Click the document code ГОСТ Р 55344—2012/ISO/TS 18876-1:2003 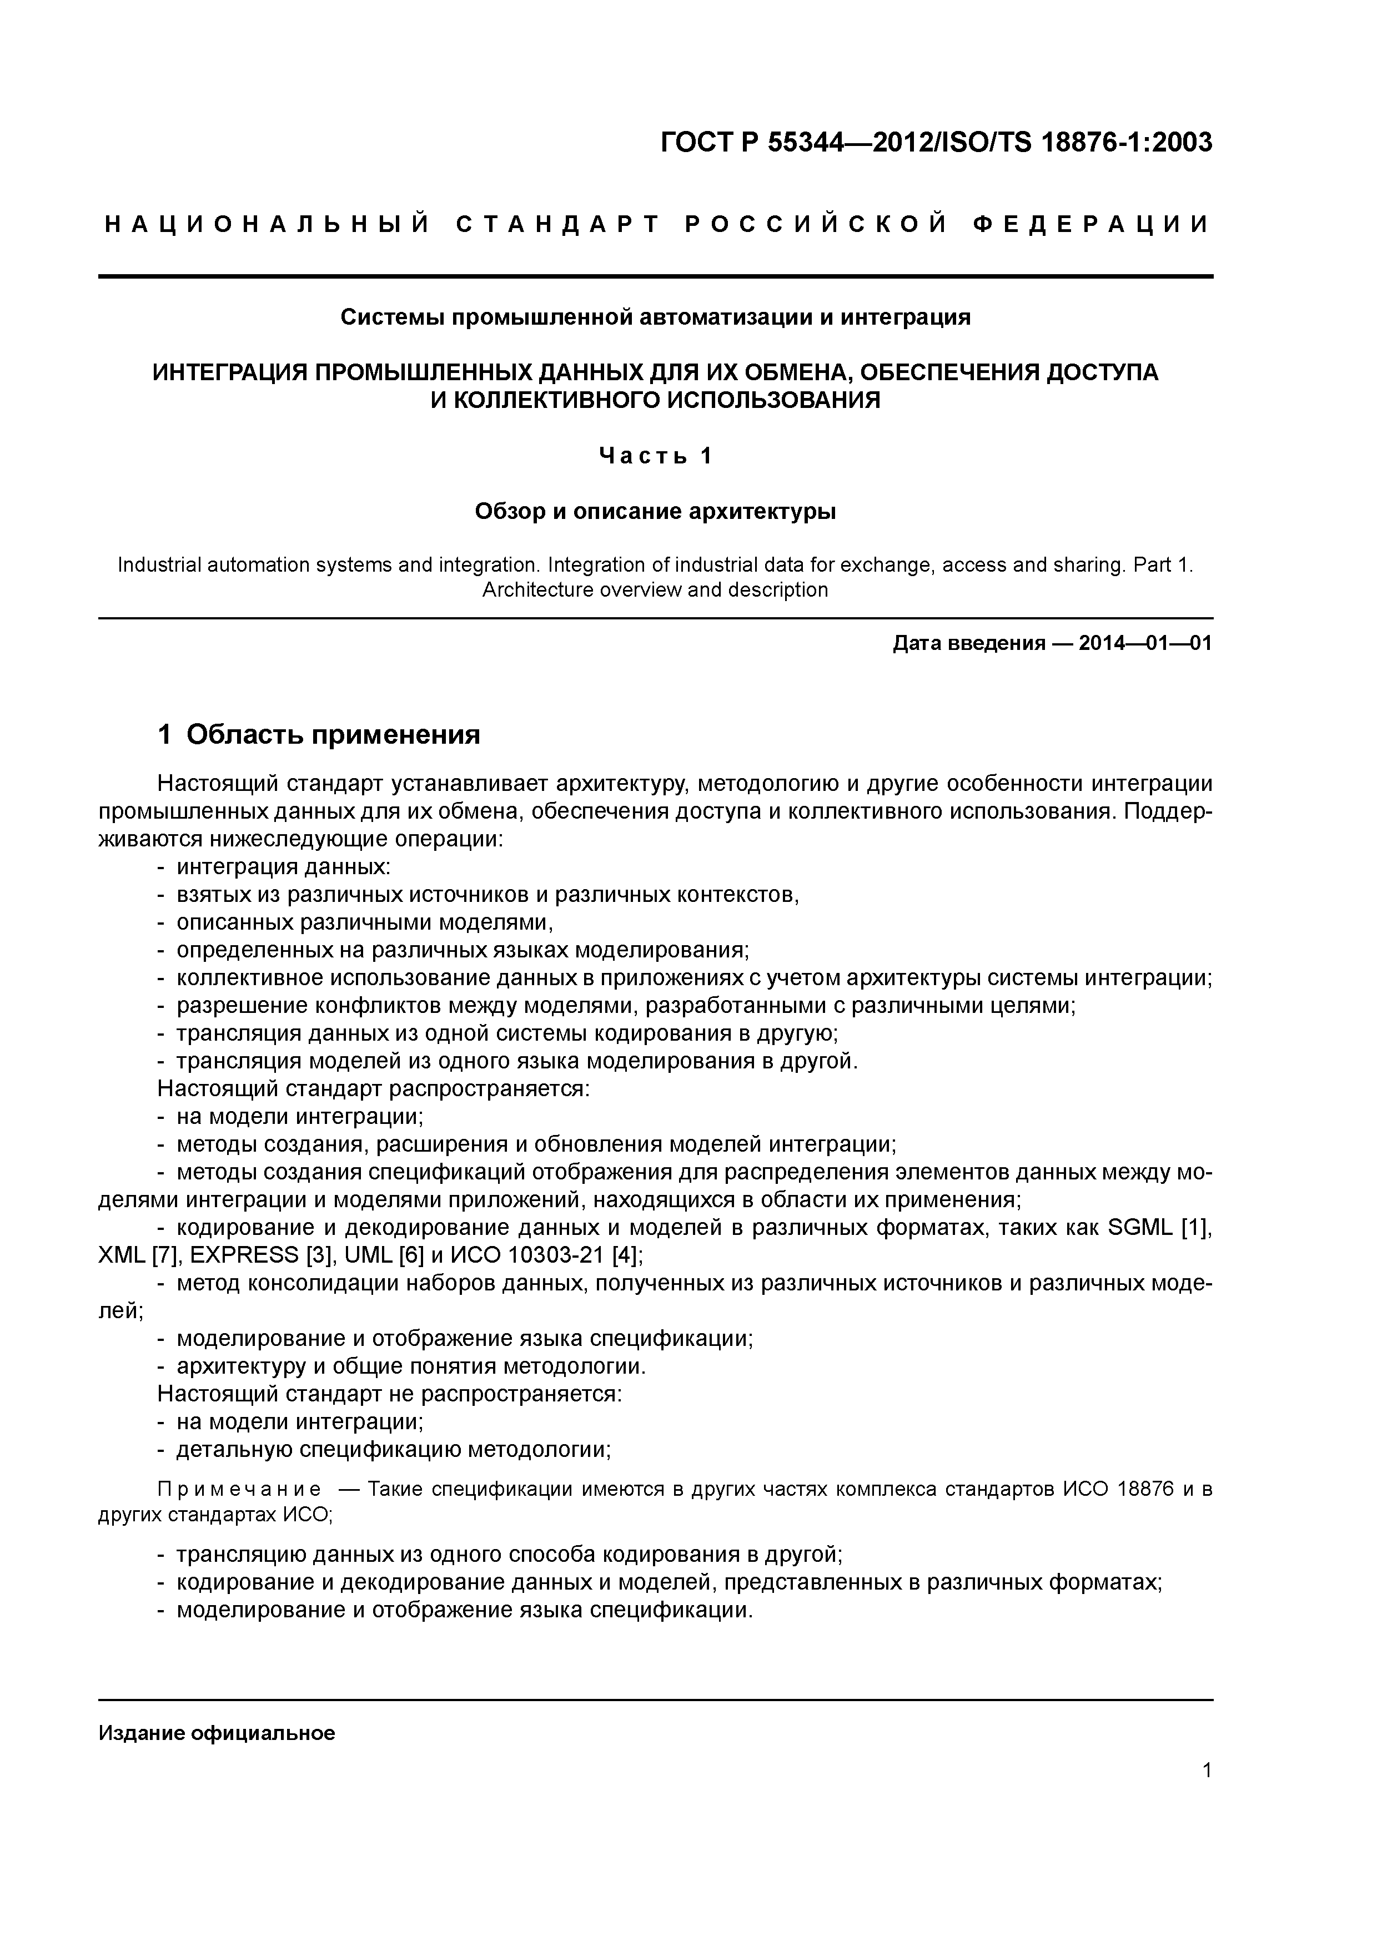[x=936, y=143]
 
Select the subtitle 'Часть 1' [x=655, y=456]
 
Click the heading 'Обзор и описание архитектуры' [x=655, y=511]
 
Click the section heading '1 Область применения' [x=319, y=734]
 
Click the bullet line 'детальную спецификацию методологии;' [x=393, y=1449]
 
